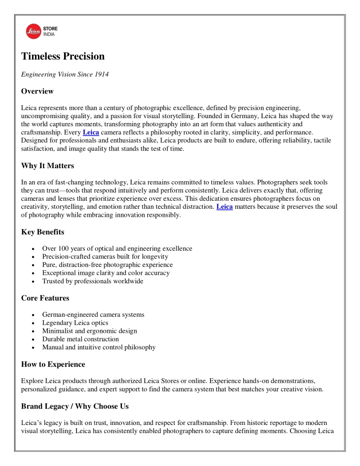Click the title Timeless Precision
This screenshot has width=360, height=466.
point(63,57)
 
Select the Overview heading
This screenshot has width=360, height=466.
point(37,92)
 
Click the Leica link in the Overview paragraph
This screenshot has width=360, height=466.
point(90,132)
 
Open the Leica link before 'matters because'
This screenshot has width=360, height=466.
point(224,206)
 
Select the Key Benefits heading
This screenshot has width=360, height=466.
point(42,232)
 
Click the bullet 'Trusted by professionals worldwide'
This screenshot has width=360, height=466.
point(92,281)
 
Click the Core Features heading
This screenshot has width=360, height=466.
point(45,298)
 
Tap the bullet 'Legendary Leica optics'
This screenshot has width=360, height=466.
point(82,323)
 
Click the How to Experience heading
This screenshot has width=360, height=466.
point(53,364)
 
